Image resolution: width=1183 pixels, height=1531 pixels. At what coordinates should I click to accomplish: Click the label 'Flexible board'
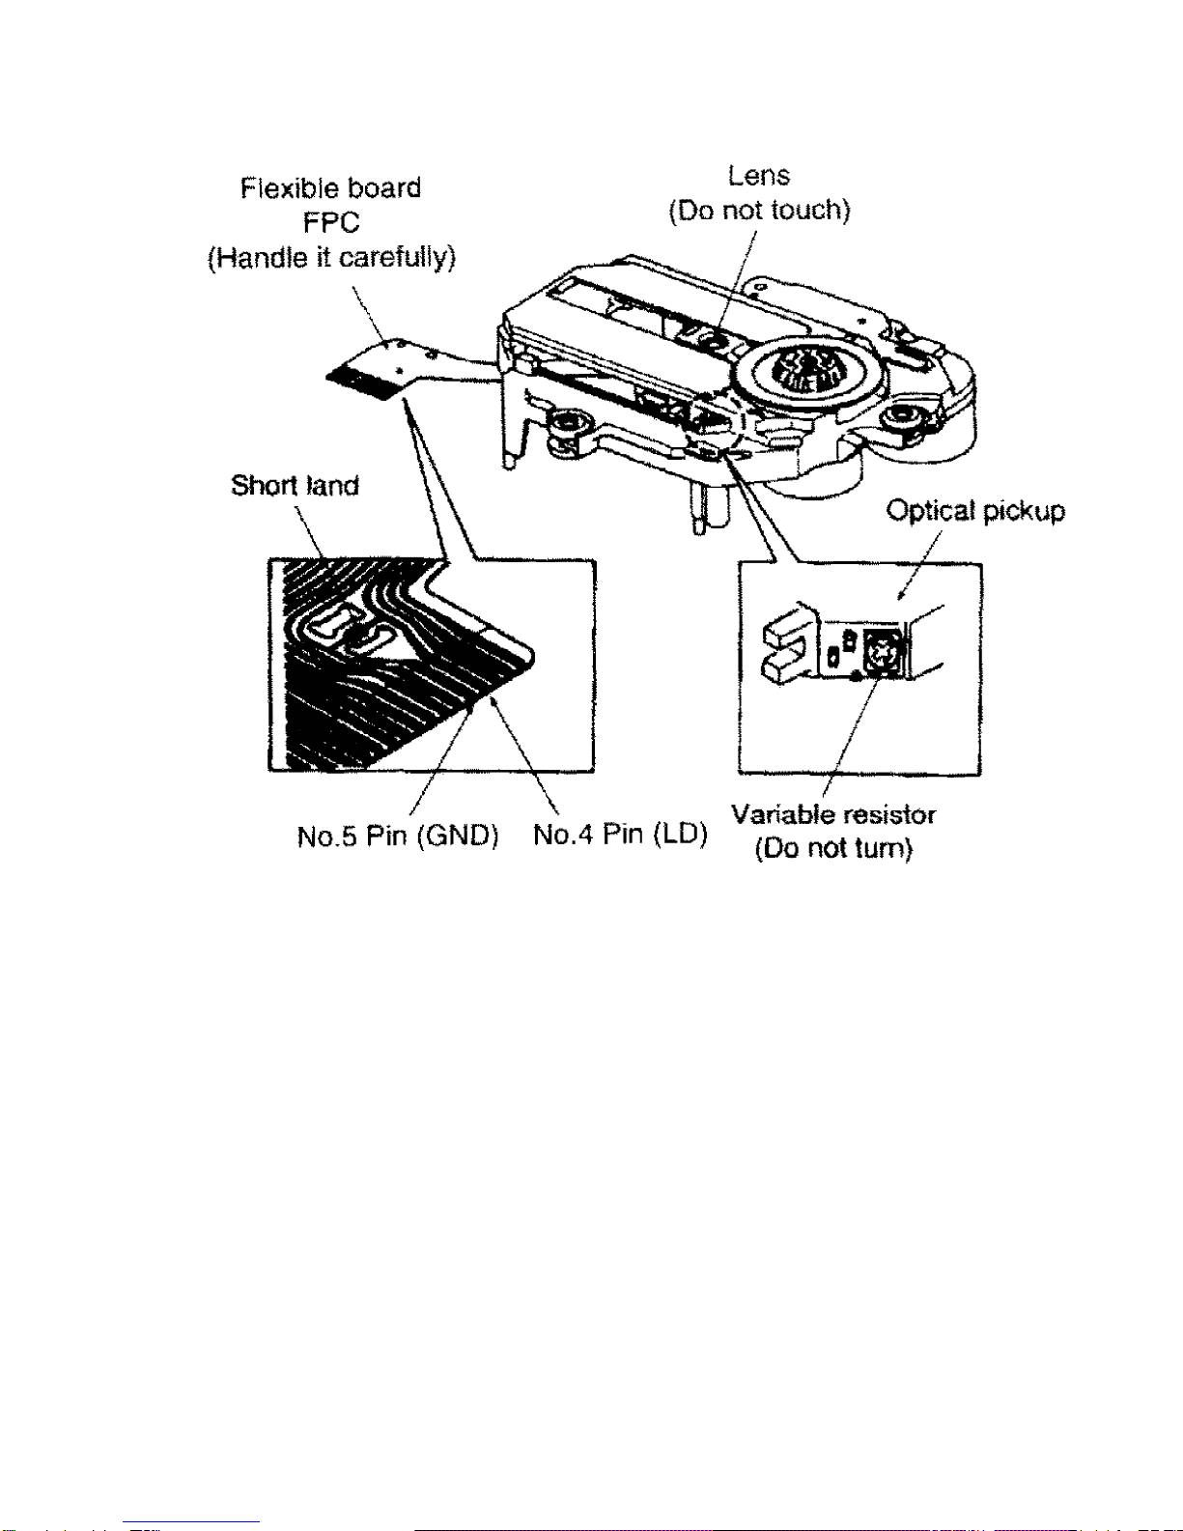(x=330, y=187)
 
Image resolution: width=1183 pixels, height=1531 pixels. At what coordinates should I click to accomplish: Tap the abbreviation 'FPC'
(x=330, y=223)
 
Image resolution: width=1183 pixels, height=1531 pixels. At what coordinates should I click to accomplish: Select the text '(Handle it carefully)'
(x=331, y=258)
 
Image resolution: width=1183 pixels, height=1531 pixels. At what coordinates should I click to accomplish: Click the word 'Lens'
(x=759, y=176)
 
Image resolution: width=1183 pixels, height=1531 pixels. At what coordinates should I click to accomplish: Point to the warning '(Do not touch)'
(x=759, y=211)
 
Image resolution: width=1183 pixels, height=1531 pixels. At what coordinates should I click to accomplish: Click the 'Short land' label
(x=295, y=485)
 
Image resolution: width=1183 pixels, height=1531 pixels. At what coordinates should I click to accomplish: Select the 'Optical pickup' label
(x=975, y=511)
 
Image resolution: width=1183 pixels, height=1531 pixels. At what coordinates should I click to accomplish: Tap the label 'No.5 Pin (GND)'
(x=397, y=836)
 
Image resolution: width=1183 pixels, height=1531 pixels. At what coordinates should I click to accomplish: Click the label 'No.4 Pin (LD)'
(x=620, y=834)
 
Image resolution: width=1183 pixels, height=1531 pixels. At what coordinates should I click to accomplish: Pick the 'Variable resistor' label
(x=833, y=814)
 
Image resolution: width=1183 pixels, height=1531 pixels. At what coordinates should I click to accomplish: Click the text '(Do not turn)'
(x=833, y=849)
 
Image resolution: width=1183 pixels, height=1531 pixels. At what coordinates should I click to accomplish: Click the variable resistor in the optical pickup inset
(x=880, y=652)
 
